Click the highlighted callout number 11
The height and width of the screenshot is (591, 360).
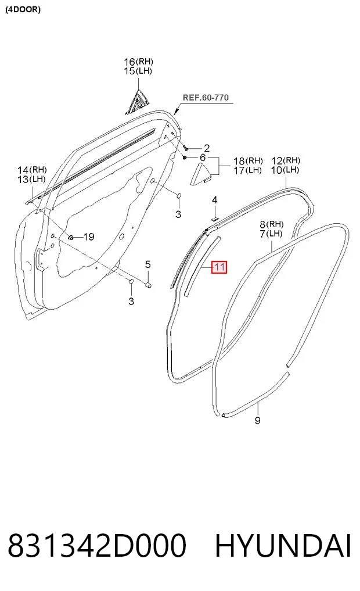coord(219,267)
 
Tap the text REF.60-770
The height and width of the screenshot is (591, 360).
coord(206,97)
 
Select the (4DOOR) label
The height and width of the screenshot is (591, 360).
coord(23,9)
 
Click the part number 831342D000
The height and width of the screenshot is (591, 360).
coord(97,545)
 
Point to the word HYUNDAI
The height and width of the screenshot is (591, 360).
coord(283,545)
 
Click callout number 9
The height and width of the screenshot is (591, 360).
coord(258,420)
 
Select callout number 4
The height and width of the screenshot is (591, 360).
coord(214,200)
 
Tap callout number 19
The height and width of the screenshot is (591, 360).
coord(88,237)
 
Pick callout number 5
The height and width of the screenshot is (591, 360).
coord(147,264)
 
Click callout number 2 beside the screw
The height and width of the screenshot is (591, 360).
coord(206,148)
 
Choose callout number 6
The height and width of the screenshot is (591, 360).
coord(203,157)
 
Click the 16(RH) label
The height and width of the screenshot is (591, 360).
coord(139,61)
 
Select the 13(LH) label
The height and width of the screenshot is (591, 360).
coord(31,179)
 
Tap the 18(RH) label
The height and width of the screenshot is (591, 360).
coord(248,161)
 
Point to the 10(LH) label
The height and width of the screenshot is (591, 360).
coord(285,170)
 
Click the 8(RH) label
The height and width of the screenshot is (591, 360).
coord(272,224)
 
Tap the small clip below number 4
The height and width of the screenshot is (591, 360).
coord(214,217)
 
